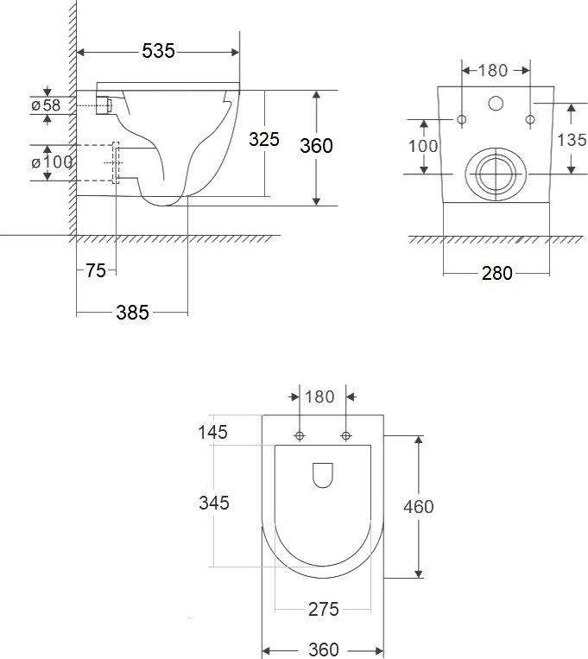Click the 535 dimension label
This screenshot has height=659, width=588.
[x=158, y=51]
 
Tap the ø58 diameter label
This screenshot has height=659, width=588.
[x=46, y=105]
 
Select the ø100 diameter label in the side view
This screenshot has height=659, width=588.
[x=52, y=162]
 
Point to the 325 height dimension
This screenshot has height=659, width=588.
[x=264, y=139]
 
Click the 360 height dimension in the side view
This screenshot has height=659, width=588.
[x=317, y=146]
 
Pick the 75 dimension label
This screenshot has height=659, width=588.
[x=96, y=270]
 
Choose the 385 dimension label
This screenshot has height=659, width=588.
[x=132, y=313]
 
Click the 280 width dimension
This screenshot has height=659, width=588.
[x=496, y=273]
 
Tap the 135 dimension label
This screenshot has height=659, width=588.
[x=572, y=140]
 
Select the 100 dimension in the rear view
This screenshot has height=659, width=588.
[x=423, y=146]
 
